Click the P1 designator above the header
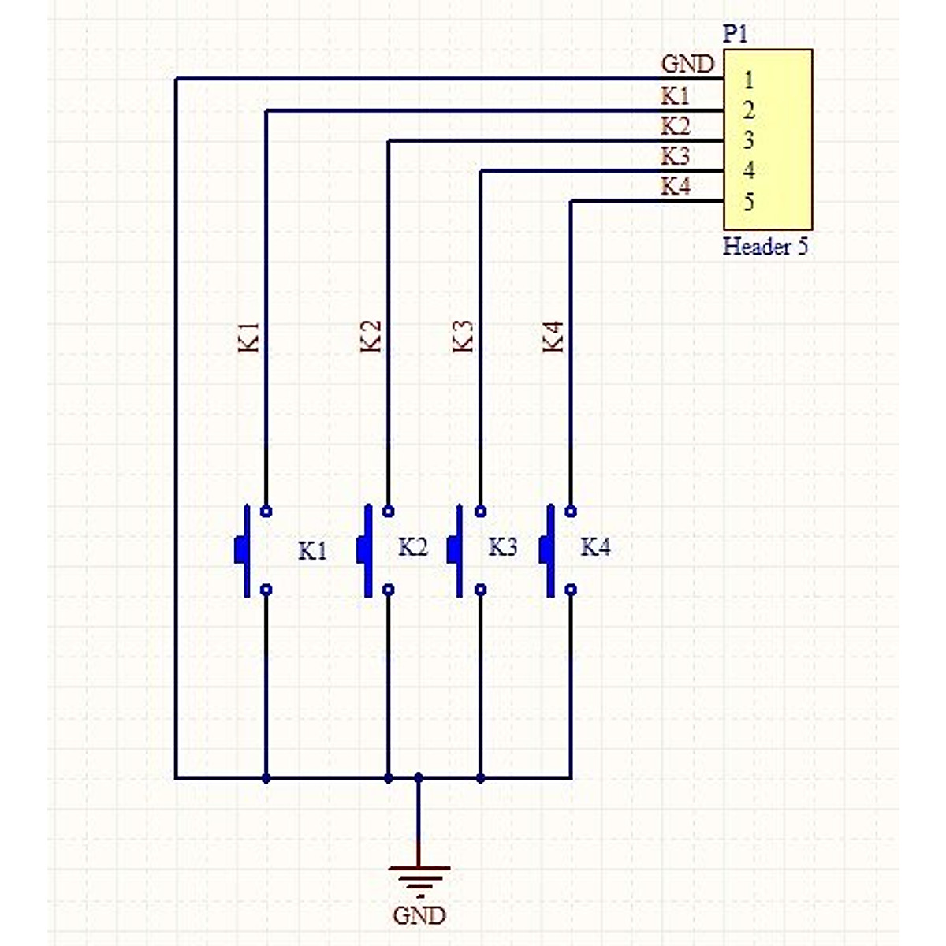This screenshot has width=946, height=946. pyautogui.click(x=735, y=34)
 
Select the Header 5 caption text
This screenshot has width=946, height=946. pyautogui.click(x=765, y=247)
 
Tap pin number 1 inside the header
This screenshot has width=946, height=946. pyautogui.click(x=748, y=80)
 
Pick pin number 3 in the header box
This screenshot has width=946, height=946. pyautogui.click(x=748, y=140)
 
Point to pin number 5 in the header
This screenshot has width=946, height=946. pyautogui.click(x=748, y=202)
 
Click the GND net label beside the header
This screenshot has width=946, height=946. pyautogui.click(x=687, y=64)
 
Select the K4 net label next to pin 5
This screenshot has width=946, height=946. pyautogui.click(x=676, y=187)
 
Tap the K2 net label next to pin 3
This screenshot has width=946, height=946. pyautogui.click(x=676, y=125)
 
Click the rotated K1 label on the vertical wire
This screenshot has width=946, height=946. pyautogui.click(x=249, y=336)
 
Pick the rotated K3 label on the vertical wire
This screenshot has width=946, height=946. pyautogui.click(x=464, y=336)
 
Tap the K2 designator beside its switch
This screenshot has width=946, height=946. pyautogui.click(x=413, y=547)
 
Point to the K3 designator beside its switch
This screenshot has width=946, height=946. pyautogui.click(x=503, y=547)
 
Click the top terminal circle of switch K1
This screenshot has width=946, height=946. pyautogui.click(x=266, y=511)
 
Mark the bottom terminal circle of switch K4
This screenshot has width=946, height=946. pyautogui.click(x=571, y=589)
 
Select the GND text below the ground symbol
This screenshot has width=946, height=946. pyautogui.click(x=419, y=915)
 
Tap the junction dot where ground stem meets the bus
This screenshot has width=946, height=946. pyautogui.click(x=419, y=778)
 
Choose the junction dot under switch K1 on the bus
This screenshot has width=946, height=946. pyautogui.click(x=266, y=778)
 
